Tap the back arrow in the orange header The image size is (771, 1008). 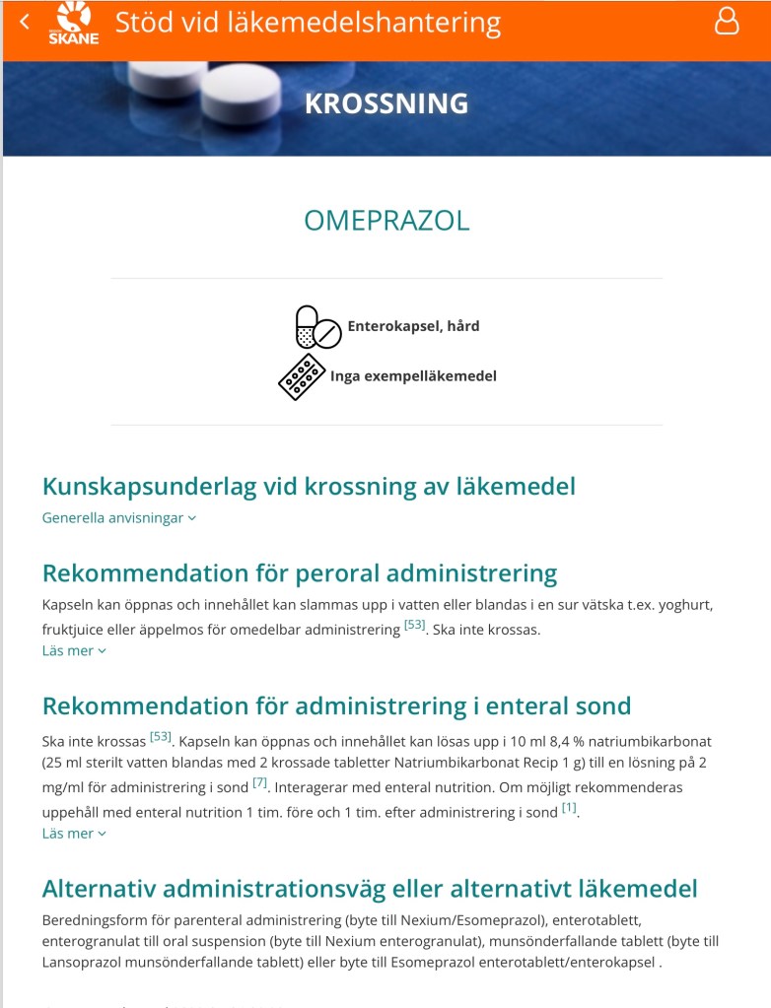tap(25, 22)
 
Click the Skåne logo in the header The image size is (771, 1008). tap(74, 24)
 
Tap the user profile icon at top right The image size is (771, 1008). tap(726, 22)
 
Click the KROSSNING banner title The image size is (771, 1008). tap(386, 103)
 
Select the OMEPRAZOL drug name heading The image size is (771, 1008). tap(386, 221)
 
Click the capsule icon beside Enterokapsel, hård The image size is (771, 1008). tap(317, 327)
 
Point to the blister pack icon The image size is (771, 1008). tap(302, 376)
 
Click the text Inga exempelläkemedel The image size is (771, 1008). tap(413, 375)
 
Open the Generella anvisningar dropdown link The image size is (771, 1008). tap(118, 518)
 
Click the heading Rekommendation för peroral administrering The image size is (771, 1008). tap(300, 573)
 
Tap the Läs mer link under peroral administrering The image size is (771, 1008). tap(74, 650)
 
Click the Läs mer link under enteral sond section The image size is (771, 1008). tap(74, 834)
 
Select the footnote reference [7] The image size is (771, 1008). tap(260, 782)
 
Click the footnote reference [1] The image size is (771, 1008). tap(569, 807)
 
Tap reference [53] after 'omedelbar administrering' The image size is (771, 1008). tap(414, 624)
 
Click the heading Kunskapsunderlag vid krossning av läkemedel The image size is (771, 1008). tap(309, 486)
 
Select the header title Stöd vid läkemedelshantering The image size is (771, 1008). tap(308, 22)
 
